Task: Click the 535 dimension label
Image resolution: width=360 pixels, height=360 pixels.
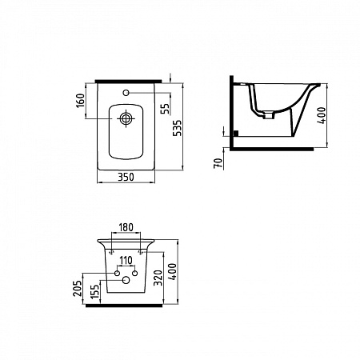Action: [x=178, y=128]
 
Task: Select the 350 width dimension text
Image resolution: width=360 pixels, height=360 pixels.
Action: [x=126, y=177]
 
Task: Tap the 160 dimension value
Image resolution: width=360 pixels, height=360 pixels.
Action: [x=81, y=100]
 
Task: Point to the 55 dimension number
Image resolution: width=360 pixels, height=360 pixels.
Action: [x=166, y=109]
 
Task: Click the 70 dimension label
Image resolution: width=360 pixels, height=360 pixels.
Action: [x=218, y=163]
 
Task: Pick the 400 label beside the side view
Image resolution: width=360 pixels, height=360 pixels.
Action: [x=322, y=115]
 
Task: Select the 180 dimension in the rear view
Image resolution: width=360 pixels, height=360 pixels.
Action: [x=126, y=227]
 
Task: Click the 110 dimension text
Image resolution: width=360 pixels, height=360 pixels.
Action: [x=126, y=260]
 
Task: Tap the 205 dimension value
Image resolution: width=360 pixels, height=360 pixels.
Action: [x=78, y=288]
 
